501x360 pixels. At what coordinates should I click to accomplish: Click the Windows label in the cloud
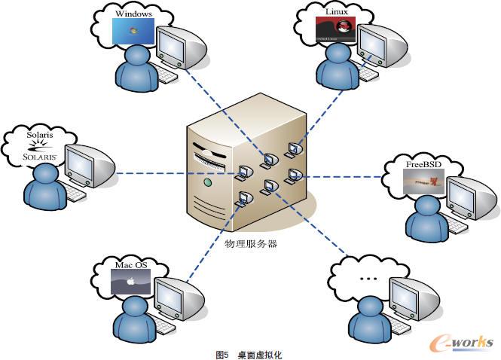click(x=133, y=13)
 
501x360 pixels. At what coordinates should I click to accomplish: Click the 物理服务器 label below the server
click(x=252, y=243)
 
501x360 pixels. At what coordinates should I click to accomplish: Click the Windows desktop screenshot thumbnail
click(x=133, y=31)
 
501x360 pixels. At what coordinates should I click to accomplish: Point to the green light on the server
click(x=206, y=183)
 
